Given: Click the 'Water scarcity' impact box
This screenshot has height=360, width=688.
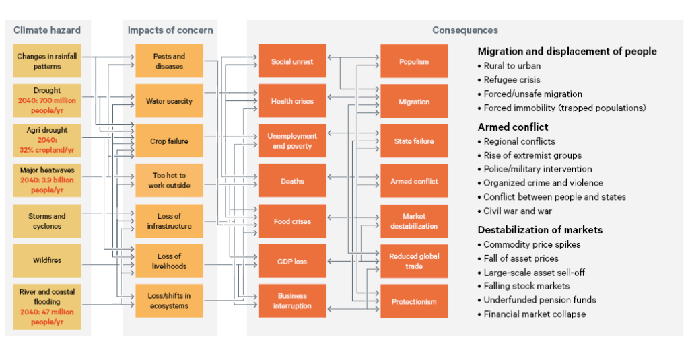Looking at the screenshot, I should click(x=169, y=102).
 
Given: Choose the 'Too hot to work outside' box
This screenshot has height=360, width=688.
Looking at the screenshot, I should click(x=169, y=180).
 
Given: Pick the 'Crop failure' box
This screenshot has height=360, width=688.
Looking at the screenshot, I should click(x=169, y=141).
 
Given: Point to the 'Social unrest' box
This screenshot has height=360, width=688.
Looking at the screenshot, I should click(x=291, y=62).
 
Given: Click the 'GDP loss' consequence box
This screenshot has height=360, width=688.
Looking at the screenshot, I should click(x=291, y=261).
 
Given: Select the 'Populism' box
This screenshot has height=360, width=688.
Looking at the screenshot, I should click(x=414, y=62).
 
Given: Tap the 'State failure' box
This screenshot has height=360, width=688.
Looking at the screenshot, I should click(x=414, y=141).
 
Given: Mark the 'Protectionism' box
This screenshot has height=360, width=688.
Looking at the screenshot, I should click(x=414, y=301).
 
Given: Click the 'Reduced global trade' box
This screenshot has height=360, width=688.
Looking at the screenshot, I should click(x=414, y=261).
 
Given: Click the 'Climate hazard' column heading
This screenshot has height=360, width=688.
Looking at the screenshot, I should click(x=47, y=30).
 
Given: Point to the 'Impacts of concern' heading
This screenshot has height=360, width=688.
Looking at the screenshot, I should click(x=170, y=30).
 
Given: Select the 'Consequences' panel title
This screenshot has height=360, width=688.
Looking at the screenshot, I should click(x=465, y=30).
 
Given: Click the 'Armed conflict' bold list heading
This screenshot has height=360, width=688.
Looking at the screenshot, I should click(x=512, y=127).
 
